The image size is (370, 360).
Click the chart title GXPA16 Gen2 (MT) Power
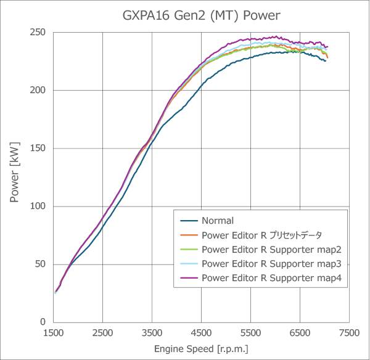pos(184,14)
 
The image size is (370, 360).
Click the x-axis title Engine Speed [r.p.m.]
pos(201,349)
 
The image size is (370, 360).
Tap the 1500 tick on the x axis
pos(54,333)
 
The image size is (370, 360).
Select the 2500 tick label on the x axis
pos(103,333)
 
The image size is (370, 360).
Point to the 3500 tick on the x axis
pos(152,333)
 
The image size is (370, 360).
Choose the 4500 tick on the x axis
pos(202,333)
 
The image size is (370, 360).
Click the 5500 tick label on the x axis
pos(251,333)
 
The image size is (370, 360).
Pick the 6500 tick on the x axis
pos(300,333)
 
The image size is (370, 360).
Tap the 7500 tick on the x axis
pos(350,333)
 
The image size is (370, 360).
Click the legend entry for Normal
pos(217,220)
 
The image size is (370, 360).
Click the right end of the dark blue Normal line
pos(326,60)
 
